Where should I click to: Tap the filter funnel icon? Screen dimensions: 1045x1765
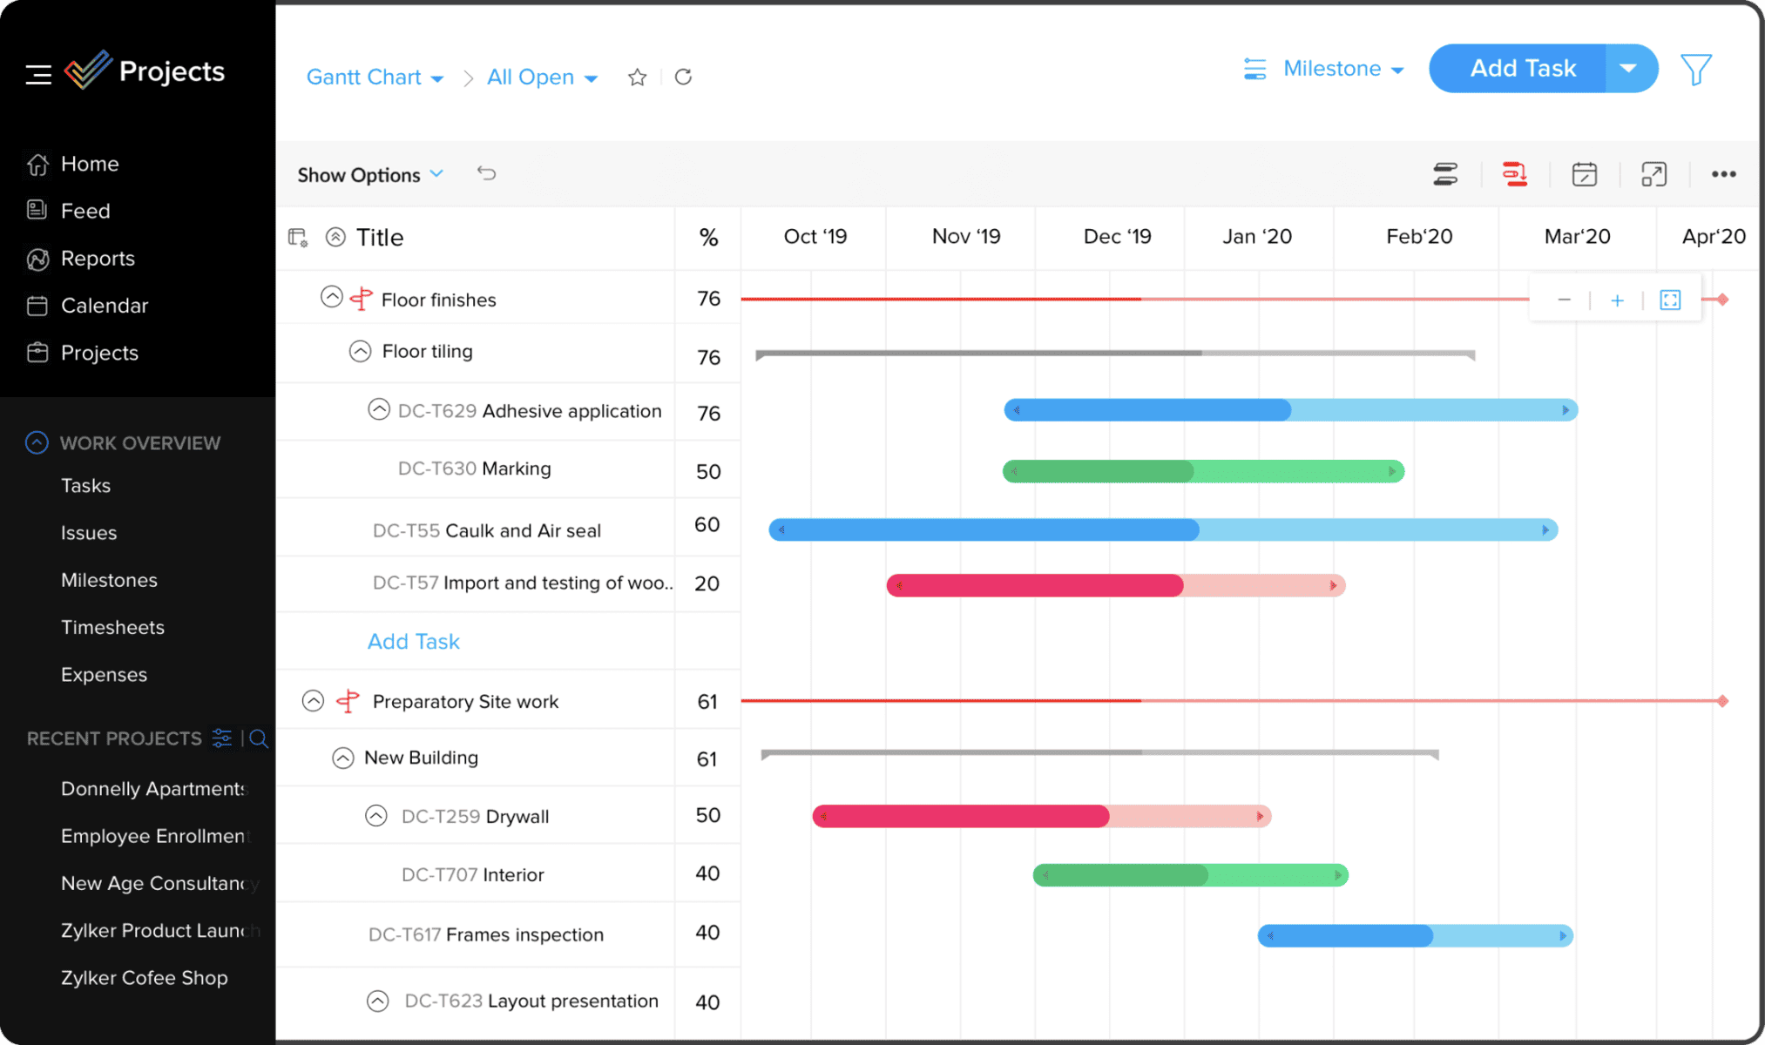pos(1695,70)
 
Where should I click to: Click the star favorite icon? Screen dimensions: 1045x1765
pos(637,78)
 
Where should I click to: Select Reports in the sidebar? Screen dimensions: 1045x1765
pos(97,259)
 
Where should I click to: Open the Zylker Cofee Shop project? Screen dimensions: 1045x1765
pos(144,978)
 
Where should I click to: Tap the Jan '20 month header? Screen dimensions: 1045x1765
pos(1256,237)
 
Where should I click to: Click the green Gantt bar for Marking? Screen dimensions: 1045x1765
pos(1202,471)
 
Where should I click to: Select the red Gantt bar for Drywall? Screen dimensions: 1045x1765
pos(1041,816)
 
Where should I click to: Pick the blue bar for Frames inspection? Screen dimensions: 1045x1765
pos(1415,936)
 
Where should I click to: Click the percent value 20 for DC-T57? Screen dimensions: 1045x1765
pos(707,583)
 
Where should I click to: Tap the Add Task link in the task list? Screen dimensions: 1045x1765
pos(413,642)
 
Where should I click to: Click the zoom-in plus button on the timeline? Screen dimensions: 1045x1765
pos(1617,300)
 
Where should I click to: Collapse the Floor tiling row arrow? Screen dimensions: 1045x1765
pos(360,351)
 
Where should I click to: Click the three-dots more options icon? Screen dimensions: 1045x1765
pos(1723,174)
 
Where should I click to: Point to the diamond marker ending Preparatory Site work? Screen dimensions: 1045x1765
pos(1722,701)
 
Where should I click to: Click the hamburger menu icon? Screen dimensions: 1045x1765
pos(38,75)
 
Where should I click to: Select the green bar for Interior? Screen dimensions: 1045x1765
pos(1190,875)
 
